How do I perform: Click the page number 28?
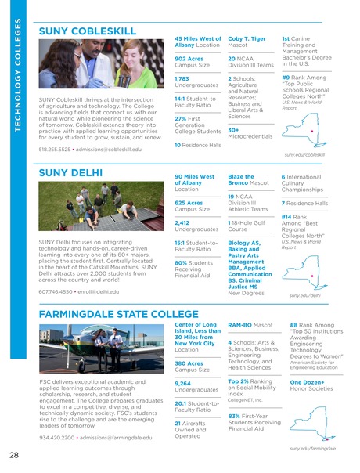click(x=14, y=456)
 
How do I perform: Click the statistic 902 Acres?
click(x=189, y=58)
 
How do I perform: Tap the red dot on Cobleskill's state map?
click(x=313, y=130)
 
